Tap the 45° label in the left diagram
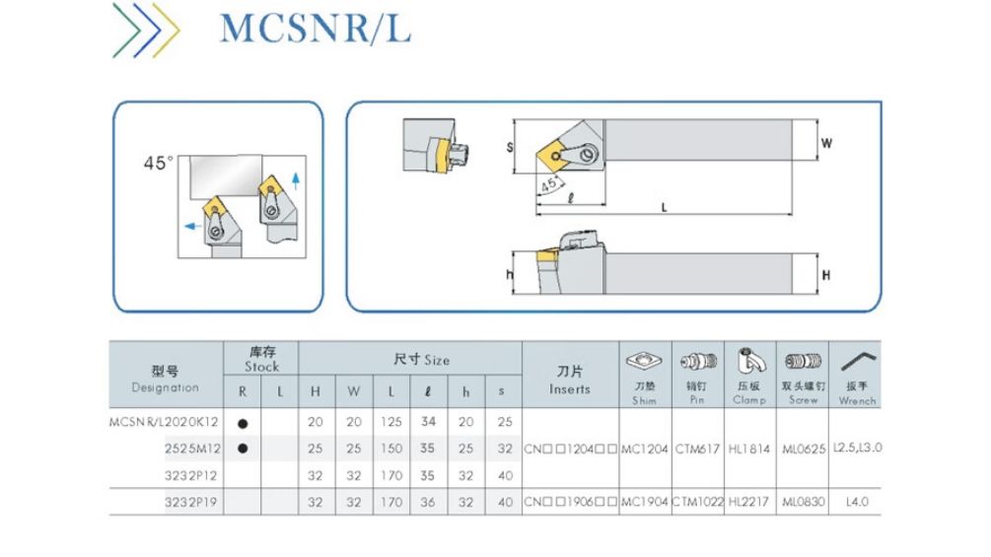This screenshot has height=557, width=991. coord(158,164)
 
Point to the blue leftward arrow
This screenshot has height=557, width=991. coord(186,226)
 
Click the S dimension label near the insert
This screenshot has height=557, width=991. coord(510,146)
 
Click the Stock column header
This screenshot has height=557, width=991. coord(261,360)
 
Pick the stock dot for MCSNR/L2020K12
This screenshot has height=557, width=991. coord(243,422)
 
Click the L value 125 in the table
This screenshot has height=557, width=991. coord(390,422)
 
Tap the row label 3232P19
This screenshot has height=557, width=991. coord(191,502)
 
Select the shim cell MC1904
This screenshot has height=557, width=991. coord(645,503)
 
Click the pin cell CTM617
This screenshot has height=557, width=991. coord(697,449)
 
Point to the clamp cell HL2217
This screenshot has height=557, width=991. coord(750,503)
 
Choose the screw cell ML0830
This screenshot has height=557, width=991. coord(803,503)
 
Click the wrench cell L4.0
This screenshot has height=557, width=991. coord(856,503)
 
